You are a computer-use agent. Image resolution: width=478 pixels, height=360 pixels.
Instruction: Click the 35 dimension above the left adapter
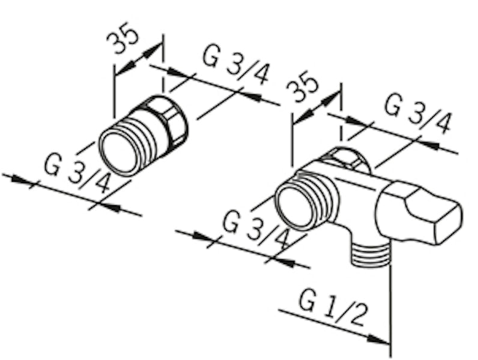click(123, 38)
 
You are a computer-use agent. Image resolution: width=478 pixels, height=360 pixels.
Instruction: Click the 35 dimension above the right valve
click(302, 86)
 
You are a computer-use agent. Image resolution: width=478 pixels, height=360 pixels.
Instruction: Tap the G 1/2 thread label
click(331, 308)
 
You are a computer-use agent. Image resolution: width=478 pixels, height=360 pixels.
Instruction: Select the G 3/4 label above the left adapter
click(235, 64)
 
